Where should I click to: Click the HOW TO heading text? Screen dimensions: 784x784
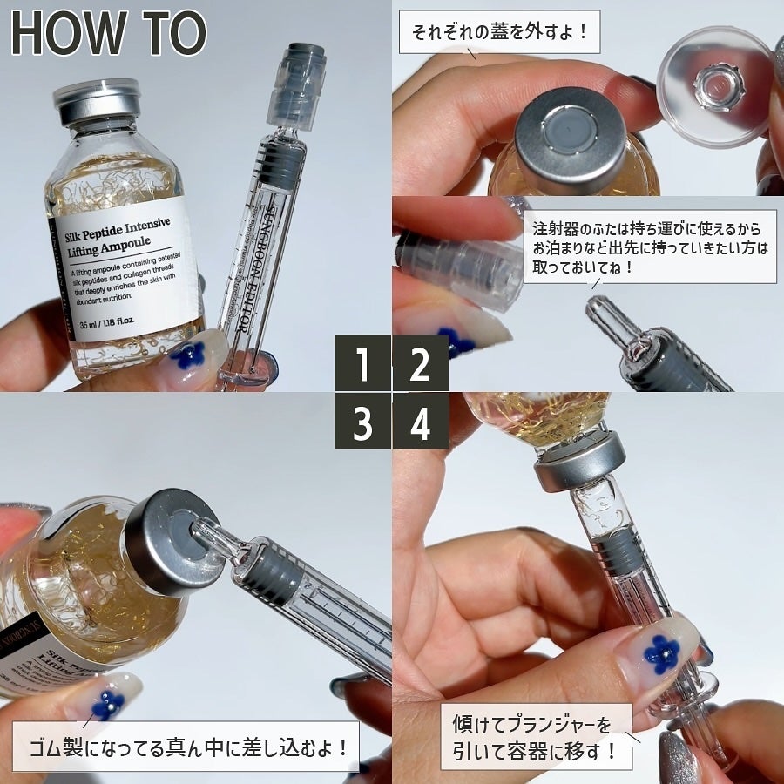point(110,34)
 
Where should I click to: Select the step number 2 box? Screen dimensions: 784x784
point(420,364)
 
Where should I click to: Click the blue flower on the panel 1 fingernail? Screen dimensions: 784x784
point(186,355)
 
